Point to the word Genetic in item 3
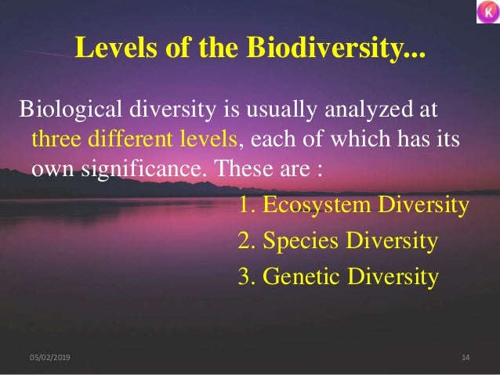coord(299,276)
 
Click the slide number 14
coord(466,358)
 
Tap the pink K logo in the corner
coord(486,13)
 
